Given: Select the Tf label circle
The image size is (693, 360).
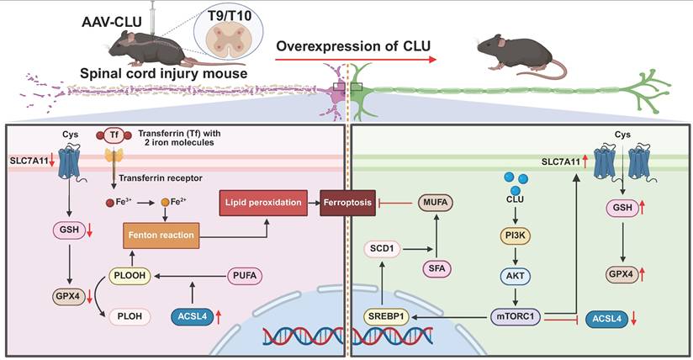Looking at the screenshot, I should click(115, 135).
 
